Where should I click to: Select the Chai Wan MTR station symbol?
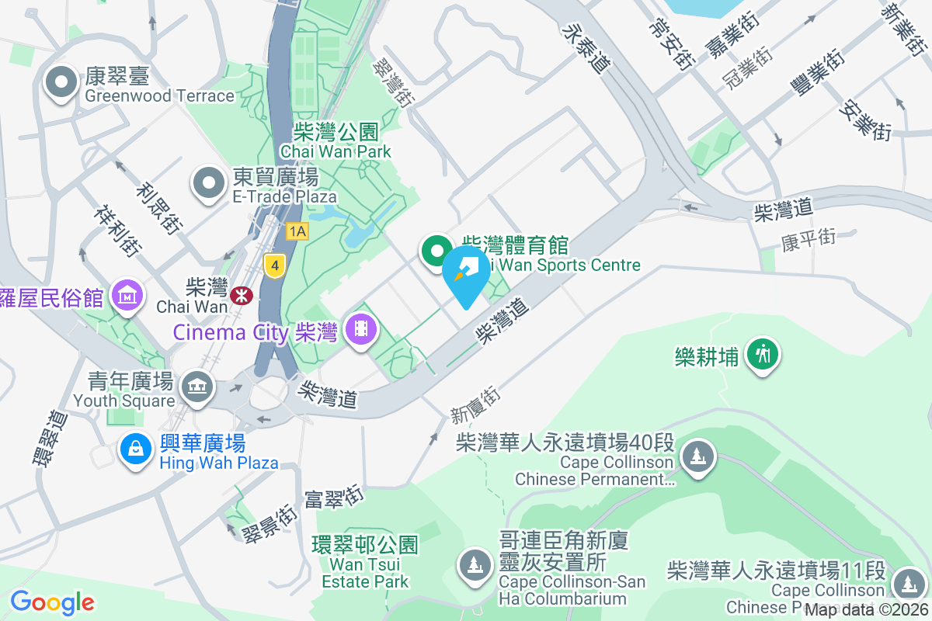click(x=240, y=293)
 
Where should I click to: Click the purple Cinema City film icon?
click(x=361, y=328)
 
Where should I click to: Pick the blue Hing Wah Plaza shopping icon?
click(x=136, y=449)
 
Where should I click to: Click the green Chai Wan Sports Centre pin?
click(x=436, y=251)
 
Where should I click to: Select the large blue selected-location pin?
click(x=466, y=272)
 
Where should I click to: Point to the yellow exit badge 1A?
click(x=297, y=231)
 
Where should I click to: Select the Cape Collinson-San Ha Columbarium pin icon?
click(x=475, y=563)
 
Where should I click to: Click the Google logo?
click(x=52, y=602)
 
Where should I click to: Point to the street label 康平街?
click(x=809, y=238)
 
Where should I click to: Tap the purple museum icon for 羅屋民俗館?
click(x=126, y=294)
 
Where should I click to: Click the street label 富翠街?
click(x=335, y=498)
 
